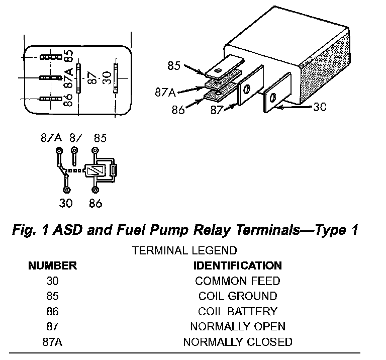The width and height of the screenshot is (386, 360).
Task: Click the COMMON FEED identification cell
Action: [238, 281]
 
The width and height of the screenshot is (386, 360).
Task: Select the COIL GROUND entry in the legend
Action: [238, 296]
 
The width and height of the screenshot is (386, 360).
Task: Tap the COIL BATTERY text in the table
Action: [238, 311]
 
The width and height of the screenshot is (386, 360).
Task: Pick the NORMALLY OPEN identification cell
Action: [238, 326]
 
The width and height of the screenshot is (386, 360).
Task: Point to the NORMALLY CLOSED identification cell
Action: [238, 342]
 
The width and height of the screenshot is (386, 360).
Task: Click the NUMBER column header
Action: [52, 265]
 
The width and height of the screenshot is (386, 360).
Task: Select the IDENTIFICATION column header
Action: [238, 265]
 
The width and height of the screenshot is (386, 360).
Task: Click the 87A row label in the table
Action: [52, 342]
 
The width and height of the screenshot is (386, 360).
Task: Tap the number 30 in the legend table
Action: [52, 281]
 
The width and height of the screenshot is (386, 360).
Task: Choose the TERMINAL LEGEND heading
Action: [184, 250]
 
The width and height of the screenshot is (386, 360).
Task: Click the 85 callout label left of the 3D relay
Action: [174, 65]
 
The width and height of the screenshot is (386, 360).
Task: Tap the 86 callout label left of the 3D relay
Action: [178, 109]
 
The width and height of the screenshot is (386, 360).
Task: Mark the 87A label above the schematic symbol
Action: [51, 138]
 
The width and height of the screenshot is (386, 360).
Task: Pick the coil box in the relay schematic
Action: [94, 171]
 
